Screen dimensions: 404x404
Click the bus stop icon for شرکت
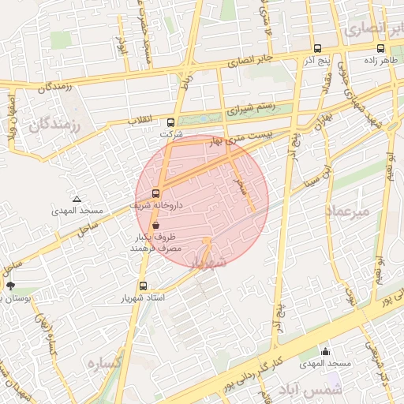tap(171, 122)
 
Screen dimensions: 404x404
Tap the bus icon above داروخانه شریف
tap(155, 193)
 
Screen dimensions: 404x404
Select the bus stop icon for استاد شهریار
tap(143, 286)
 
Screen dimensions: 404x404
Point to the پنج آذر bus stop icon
tap(316, 48)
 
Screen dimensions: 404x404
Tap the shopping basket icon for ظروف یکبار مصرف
tap(155, 225)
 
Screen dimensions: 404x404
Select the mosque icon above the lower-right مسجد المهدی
tap(325, 351)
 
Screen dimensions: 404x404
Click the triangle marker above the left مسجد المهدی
tap(77, 199)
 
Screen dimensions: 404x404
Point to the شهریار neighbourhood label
tap(208, 261)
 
